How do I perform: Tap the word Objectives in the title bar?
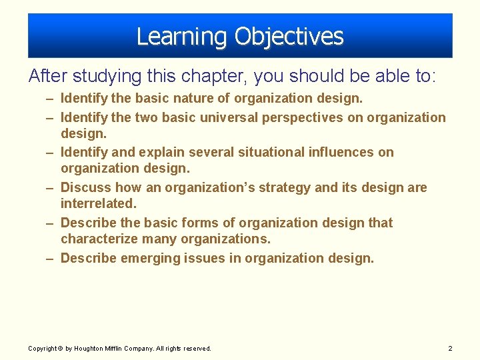coord(289,37)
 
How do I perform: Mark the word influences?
coord(343,152)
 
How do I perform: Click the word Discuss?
coord(85,187)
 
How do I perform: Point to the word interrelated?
coord(98,203)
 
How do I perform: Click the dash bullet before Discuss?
coord(51,188)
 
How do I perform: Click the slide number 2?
coord(450,349)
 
